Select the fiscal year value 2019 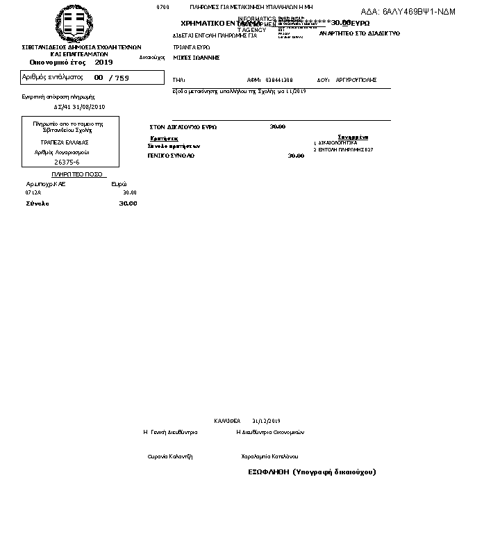coord(103,62)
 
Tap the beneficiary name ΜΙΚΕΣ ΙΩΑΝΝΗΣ coord(196,58)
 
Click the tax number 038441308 coord(279,81)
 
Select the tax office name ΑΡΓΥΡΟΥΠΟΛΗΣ coord(356,81)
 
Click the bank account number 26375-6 coord(67,162)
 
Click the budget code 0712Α coord(33,192)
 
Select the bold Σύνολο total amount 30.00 coord(128,203)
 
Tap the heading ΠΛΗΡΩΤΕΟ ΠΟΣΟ coord(76,174)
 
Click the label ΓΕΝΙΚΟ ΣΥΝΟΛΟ coord(171,156)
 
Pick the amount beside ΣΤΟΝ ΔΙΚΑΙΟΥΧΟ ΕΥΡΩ coord(277,127)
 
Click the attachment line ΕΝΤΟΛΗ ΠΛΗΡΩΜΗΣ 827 coord(346,149)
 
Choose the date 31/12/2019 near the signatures coord(266,421)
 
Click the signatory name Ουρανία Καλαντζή coord(170,456)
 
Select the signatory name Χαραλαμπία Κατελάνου coord(269,456)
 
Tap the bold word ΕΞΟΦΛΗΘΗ coord(268,472)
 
